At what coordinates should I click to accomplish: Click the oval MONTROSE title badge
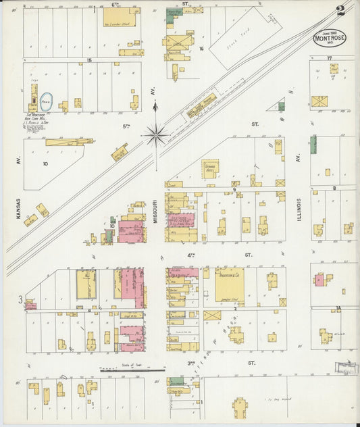click(x=329, y=38)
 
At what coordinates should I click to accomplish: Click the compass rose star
click(x=155, y=136)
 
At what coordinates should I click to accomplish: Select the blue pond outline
click(x=47, y=102)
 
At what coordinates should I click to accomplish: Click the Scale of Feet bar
click(x=132, y=370)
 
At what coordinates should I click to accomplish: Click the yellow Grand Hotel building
click(x=210, y=168)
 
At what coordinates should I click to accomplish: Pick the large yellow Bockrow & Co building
click(x=230, y=284)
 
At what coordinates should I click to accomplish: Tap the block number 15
click(x=88, y=60)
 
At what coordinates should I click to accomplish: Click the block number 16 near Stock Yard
click(x=201, y=49)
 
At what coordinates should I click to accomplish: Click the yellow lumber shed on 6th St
click(x=122, y=18)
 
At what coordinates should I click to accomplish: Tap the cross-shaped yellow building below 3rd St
click(x=239, y=407)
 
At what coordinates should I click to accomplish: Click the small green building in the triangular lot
click(x=281, y=106)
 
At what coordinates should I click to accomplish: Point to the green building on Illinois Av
click(x=313, y=143)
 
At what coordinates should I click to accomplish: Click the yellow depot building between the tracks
click(x=201, y=105)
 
